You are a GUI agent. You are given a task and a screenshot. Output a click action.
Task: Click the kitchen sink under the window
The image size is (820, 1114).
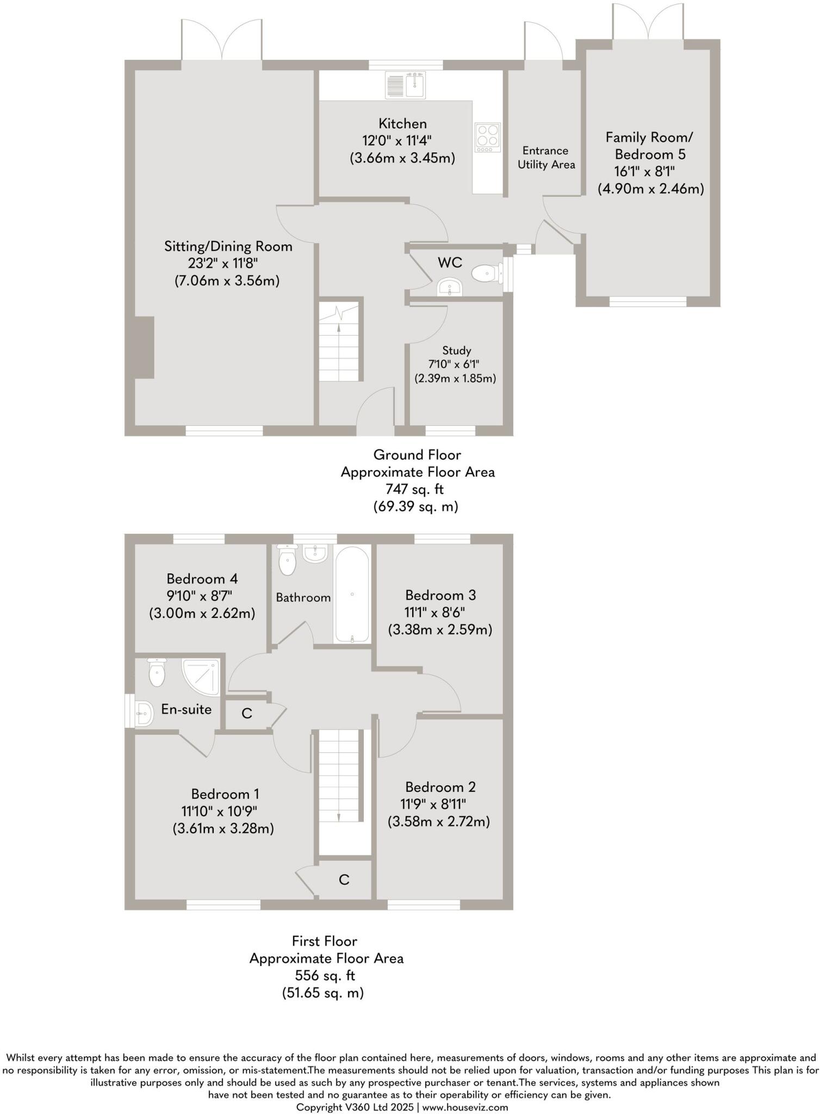coord(406,85)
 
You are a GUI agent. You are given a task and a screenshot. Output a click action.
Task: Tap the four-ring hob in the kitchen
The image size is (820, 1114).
coord(487,138)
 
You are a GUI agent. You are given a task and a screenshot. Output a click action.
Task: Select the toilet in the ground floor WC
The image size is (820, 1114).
coord(485,274)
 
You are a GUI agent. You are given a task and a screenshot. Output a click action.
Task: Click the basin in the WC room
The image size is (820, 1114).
coord(450,287)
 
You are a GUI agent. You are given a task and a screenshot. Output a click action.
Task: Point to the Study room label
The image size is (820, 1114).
coord(456,351)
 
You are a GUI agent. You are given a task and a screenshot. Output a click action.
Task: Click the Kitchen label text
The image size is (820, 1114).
coord(402,124)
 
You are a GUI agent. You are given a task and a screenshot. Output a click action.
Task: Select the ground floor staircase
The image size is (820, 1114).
coord(340,341)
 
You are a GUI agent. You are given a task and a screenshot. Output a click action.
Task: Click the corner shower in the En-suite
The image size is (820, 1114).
coord(201,677)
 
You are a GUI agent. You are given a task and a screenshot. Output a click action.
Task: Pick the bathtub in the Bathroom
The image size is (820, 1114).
coord(352,595)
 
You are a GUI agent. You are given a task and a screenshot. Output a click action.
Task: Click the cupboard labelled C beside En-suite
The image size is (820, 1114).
coord(246,714)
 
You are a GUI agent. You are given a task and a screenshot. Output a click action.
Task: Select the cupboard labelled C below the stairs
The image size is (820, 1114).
coord(344,880)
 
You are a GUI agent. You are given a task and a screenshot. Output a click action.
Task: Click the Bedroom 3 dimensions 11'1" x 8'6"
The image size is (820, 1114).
coord(434,612)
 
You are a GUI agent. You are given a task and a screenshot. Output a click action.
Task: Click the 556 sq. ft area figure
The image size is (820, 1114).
coord(325,975)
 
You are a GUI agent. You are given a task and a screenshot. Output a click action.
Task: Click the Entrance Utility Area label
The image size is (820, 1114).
coord(546,158)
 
